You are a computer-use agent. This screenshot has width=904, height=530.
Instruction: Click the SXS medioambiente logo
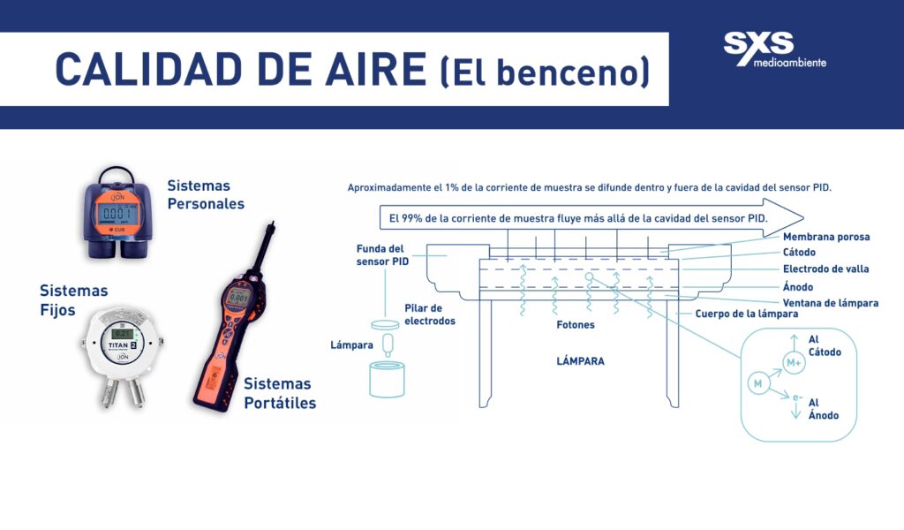tap(774, 49)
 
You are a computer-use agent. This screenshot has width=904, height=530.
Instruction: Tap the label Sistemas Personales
tap(206, 194)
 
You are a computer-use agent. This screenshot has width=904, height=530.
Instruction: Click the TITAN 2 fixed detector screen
tap(122, 333)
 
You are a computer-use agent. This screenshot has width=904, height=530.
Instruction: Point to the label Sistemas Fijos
tap(74, 299)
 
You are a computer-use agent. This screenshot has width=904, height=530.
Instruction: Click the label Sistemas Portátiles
tap(280, 393)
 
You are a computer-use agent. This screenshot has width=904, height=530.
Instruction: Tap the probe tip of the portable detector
tap(272, 223)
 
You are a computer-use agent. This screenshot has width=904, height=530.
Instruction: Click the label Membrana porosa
tap(826, 237)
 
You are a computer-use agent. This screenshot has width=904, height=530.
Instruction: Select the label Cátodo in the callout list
tap(799, 252)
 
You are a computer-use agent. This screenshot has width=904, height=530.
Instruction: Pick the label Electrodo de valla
tap(825, 269)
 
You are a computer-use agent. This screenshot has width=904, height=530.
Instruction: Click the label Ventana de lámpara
tap(830, 303)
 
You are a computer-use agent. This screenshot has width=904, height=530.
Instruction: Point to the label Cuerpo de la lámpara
tap(747, 314)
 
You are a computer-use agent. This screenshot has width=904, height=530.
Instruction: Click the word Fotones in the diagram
tap(576, 325)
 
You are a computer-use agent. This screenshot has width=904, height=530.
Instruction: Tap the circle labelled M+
tap(794, 362)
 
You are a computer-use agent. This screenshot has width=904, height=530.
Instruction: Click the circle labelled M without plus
tap(758, 383)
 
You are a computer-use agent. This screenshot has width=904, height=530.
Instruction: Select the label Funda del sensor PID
tap(382, 255)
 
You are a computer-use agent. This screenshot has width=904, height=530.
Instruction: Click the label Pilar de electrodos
tap(430, 314)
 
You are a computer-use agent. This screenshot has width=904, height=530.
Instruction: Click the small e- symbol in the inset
tap(797, 397)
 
